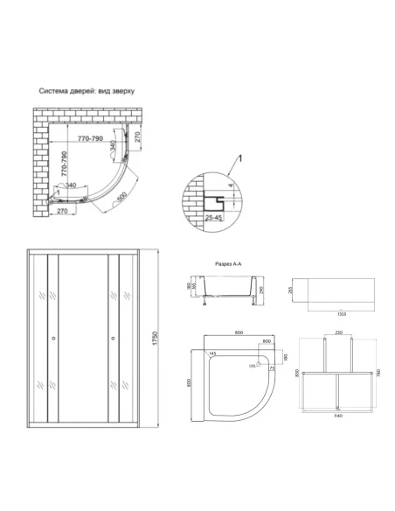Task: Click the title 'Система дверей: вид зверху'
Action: pos(85,89)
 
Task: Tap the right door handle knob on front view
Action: pos(113,337)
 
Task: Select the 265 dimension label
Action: pos(283,290)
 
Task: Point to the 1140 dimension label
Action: pos(335,418)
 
